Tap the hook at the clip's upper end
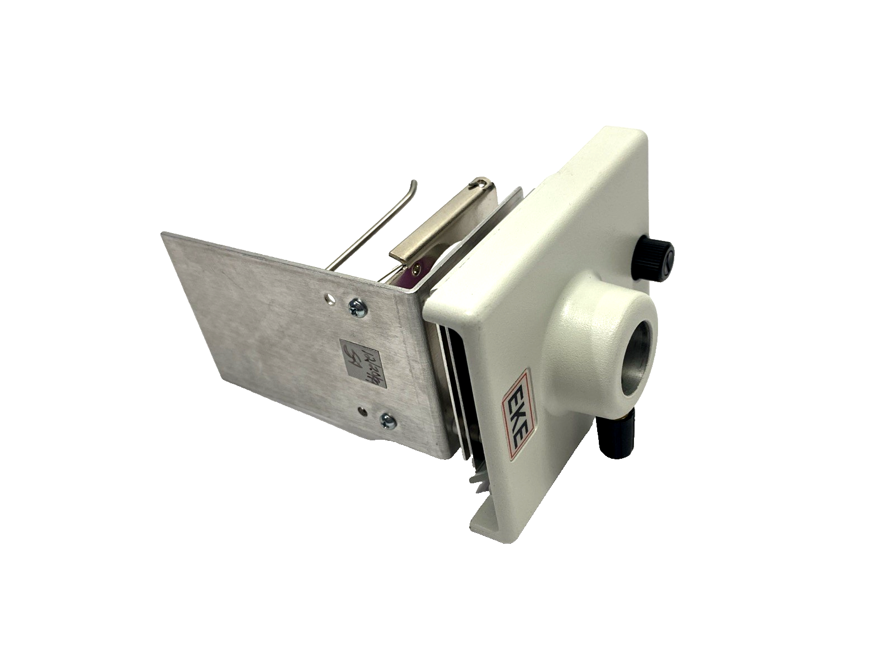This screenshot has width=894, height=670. tap(480, 183)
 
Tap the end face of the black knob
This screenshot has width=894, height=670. tap(667, 256)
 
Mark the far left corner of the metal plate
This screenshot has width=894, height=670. tap(163, 235)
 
